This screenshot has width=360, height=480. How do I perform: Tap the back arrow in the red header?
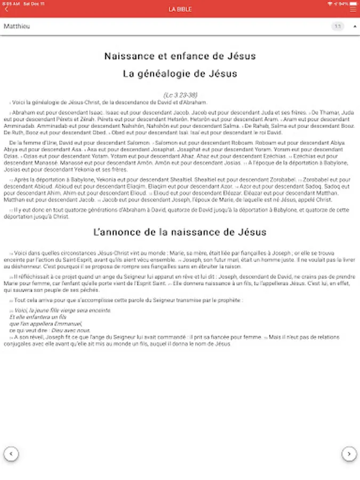pyautogui.click(x=6, y=9)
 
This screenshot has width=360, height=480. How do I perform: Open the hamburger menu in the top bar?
pyautogui.click(x=353, y=9)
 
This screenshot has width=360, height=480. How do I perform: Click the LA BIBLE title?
pyautogui.click(x=180, y=9)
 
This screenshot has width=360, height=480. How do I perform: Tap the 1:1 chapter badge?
pyautogui.click(x=338, y=26)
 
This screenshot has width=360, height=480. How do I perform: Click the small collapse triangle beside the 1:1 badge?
pyautogui.click(x=355, y=26)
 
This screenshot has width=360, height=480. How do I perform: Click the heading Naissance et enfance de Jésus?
pyautogui.click(x=180, y=56)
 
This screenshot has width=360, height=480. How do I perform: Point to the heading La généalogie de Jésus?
pyautogui.click(x=180, y=74)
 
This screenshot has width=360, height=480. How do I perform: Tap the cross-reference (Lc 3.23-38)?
pyautogui.click(x=180, y=94)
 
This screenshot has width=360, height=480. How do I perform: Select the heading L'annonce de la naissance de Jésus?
pyautogui.click(x=180, y=232)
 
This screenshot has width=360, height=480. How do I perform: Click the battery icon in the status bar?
pyautogui.click(x=353, y=3)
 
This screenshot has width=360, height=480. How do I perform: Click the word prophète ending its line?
pyautogui.click(x=230, y=300)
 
